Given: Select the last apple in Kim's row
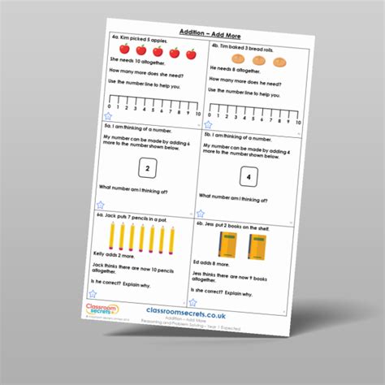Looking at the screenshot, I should coord(192,54).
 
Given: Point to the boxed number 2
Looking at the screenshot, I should coord(147,169).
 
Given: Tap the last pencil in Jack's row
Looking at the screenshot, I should coord(172,240).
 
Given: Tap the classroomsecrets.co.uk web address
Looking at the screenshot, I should coord(188,312).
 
